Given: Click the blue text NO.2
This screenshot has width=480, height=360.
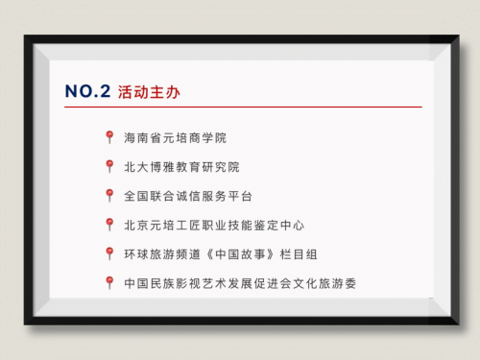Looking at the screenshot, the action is [87, 91].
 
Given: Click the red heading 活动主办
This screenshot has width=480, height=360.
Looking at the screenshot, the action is [149, 92].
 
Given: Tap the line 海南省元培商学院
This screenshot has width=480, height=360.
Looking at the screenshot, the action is [175, 138].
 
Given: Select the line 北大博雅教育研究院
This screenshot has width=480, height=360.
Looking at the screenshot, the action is [181, 167].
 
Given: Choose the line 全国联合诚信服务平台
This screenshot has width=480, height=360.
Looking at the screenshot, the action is [188, 196].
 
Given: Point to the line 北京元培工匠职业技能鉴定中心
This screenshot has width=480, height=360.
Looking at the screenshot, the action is [214, 226].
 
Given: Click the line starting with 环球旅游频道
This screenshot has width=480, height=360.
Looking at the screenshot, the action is [221, 254].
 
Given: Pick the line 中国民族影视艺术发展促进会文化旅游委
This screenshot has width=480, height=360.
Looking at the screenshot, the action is [240, 283].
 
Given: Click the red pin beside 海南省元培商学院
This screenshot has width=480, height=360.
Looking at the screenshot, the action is [109, 137].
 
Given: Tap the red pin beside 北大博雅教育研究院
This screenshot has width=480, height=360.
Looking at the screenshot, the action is [109, 166].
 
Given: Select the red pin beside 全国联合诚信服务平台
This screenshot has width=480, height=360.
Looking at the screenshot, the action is [109, 195].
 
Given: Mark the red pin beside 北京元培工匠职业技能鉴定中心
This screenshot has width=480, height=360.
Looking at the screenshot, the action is [109, 225].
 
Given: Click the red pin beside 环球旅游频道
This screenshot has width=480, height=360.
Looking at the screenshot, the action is [109, 253].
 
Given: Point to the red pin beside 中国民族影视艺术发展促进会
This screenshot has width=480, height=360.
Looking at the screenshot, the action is [109, 282].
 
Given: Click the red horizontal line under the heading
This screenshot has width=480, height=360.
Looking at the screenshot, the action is [243, 107].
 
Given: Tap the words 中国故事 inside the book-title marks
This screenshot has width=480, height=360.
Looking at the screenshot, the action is [240, 254].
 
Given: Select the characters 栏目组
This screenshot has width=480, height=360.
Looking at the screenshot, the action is [299, 254].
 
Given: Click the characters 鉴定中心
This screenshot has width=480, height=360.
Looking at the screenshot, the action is [279, 226].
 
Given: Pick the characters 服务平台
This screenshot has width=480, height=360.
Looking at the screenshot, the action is [228, 196].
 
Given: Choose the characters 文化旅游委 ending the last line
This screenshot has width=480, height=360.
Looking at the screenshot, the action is [324, 283].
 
